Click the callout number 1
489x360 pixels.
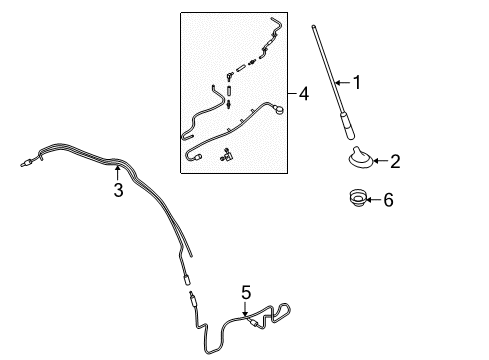click(357, 82)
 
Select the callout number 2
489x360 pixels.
click(395, 161)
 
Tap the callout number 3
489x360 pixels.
click(118, 190)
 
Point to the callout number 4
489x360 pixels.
click(304, 93)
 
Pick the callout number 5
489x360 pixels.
click(246, 292)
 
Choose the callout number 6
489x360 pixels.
click(388, 200)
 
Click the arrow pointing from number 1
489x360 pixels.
click(343, 82)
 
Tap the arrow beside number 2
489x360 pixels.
click(381, 161)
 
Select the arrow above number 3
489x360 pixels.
click(117, 173)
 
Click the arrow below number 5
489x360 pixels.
click(245, 309)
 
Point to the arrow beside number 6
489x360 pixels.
click(374, 200)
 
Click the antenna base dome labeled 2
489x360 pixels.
click(361, 157)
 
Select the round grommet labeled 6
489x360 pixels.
click(358, 198)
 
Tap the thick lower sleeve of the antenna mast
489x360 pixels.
click(347, 126)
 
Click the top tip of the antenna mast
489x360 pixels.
click(313, 26)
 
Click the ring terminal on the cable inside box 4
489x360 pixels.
click(278, 108)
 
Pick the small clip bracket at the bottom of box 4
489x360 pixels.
click(227, 155)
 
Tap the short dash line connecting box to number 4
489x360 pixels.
click(292, 93)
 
